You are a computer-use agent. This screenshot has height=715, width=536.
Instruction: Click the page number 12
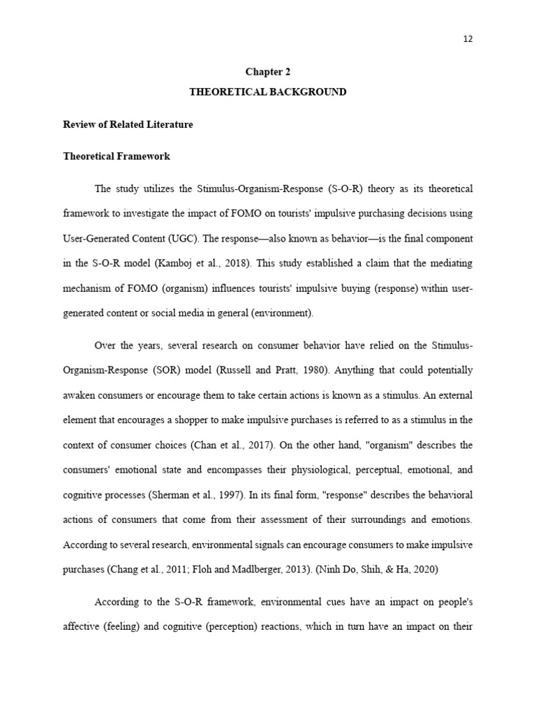coord(468,39)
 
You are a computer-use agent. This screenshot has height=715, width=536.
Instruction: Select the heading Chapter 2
coord(267,72)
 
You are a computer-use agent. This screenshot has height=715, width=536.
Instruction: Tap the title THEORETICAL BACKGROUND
coord(268,92)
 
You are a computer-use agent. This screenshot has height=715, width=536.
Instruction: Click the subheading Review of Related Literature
coord(128,124)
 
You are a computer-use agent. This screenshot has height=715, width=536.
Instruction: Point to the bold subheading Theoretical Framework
coord(117,156)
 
